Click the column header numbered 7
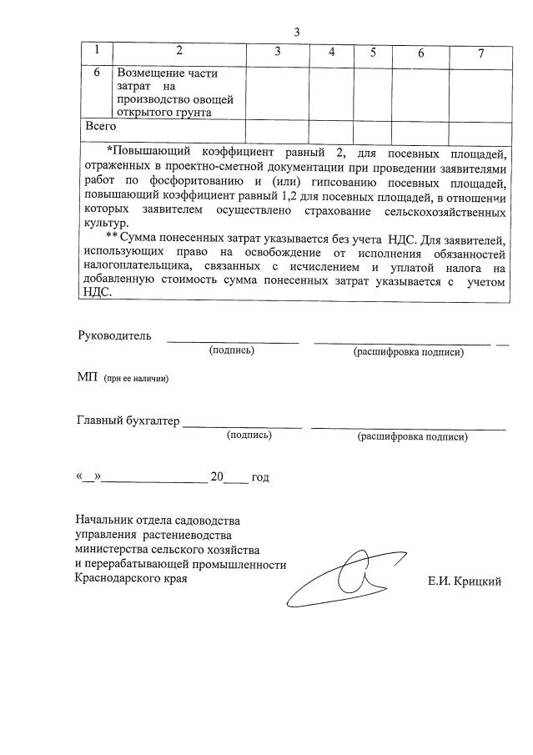pos(480,53)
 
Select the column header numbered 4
pos(332,52)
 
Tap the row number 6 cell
pos(97,73)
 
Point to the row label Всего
pos(100,127)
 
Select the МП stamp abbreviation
pos(88,378)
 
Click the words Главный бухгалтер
pos(128,421)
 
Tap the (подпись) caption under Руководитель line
pos(232,350)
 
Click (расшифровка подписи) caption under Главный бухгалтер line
pos(412,435)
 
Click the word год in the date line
pos(259,478)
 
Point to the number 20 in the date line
pos(218,478)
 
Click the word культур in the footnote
pos(105,223)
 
